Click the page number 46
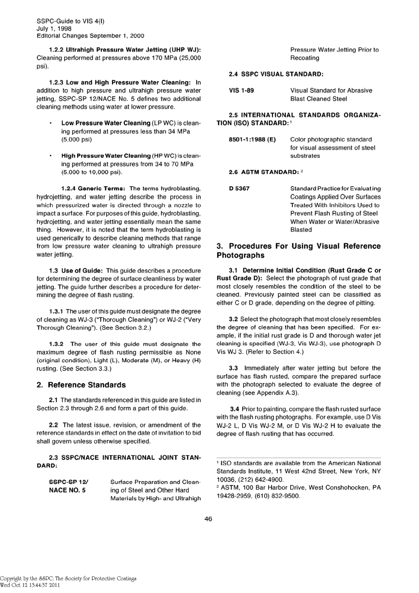pyautogui.click(x=208, y=519)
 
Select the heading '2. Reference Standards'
pyautogui.click(x=81, y=385)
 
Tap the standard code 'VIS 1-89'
pyautogui.click(x=241, y=90)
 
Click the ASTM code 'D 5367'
pyautogui.click(x=239, y=189)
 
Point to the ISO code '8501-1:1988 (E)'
pyautogui.click(x=252, y=139)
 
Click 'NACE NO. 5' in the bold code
pyautogui.click(x=67, y=490)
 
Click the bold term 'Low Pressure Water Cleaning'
pyautogui.click(x=106, y=123)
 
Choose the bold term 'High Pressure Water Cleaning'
pyautogui.click(x=106, y=156)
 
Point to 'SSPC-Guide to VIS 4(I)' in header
pyautogui.click(x=71, y=21)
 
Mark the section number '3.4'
pyautogui.click(x=235, y=409)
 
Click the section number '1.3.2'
pyautogui.click(x=56, y=344)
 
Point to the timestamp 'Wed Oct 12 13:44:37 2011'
pyautogui.click(x=30, y=585)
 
